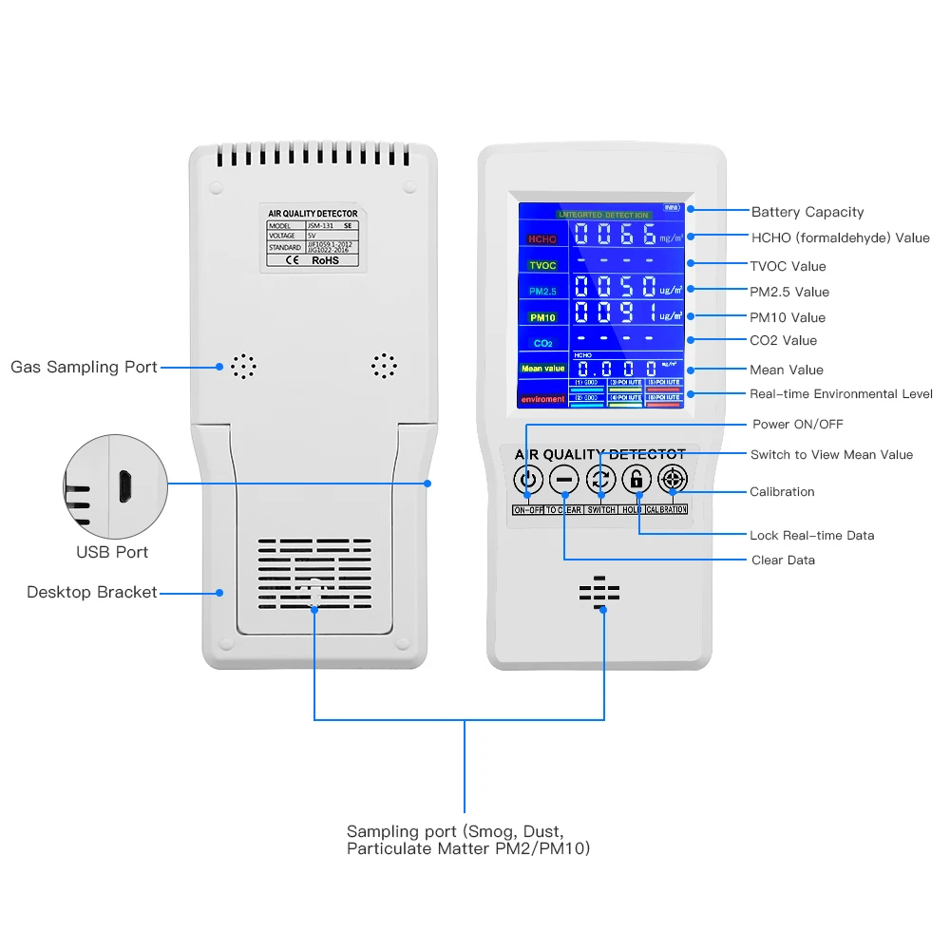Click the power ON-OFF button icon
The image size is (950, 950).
coord(528,481)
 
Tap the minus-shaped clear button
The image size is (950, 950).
coord(564,481)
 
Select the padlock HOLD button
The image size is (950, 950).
coord(636,480)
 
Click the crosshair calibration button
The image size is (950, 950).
coord(672,480)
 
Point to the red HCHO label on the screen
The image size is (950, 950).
coord(542,239)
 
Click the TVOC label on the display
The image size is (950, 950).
coord(542,265)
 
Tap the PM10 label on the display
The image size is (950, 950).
coord(542,317)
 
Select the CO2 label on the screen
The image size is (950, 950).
coord(542,343)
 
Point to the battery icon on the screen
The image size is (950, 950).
coord(672,207)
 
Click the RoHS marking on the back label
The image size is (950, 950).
coord(325,259)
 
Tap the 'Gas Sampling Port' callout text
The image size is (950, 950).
coord(84,367)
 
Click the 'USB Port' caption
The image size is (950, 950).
coord(112,552)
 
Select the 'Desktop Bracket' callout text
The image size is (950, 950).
coord(91,592)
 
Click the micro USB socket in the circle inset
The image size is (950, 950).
coord(123,486)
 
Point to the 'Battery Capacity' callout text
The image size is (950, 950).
coord(807,212)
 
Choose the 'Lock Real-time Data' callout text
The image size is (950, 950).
coord(811,535)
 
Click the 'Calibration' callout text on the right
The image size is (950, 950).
coord(782,491)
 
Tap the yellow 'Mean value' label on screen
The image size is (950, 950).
coord(542,369)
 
